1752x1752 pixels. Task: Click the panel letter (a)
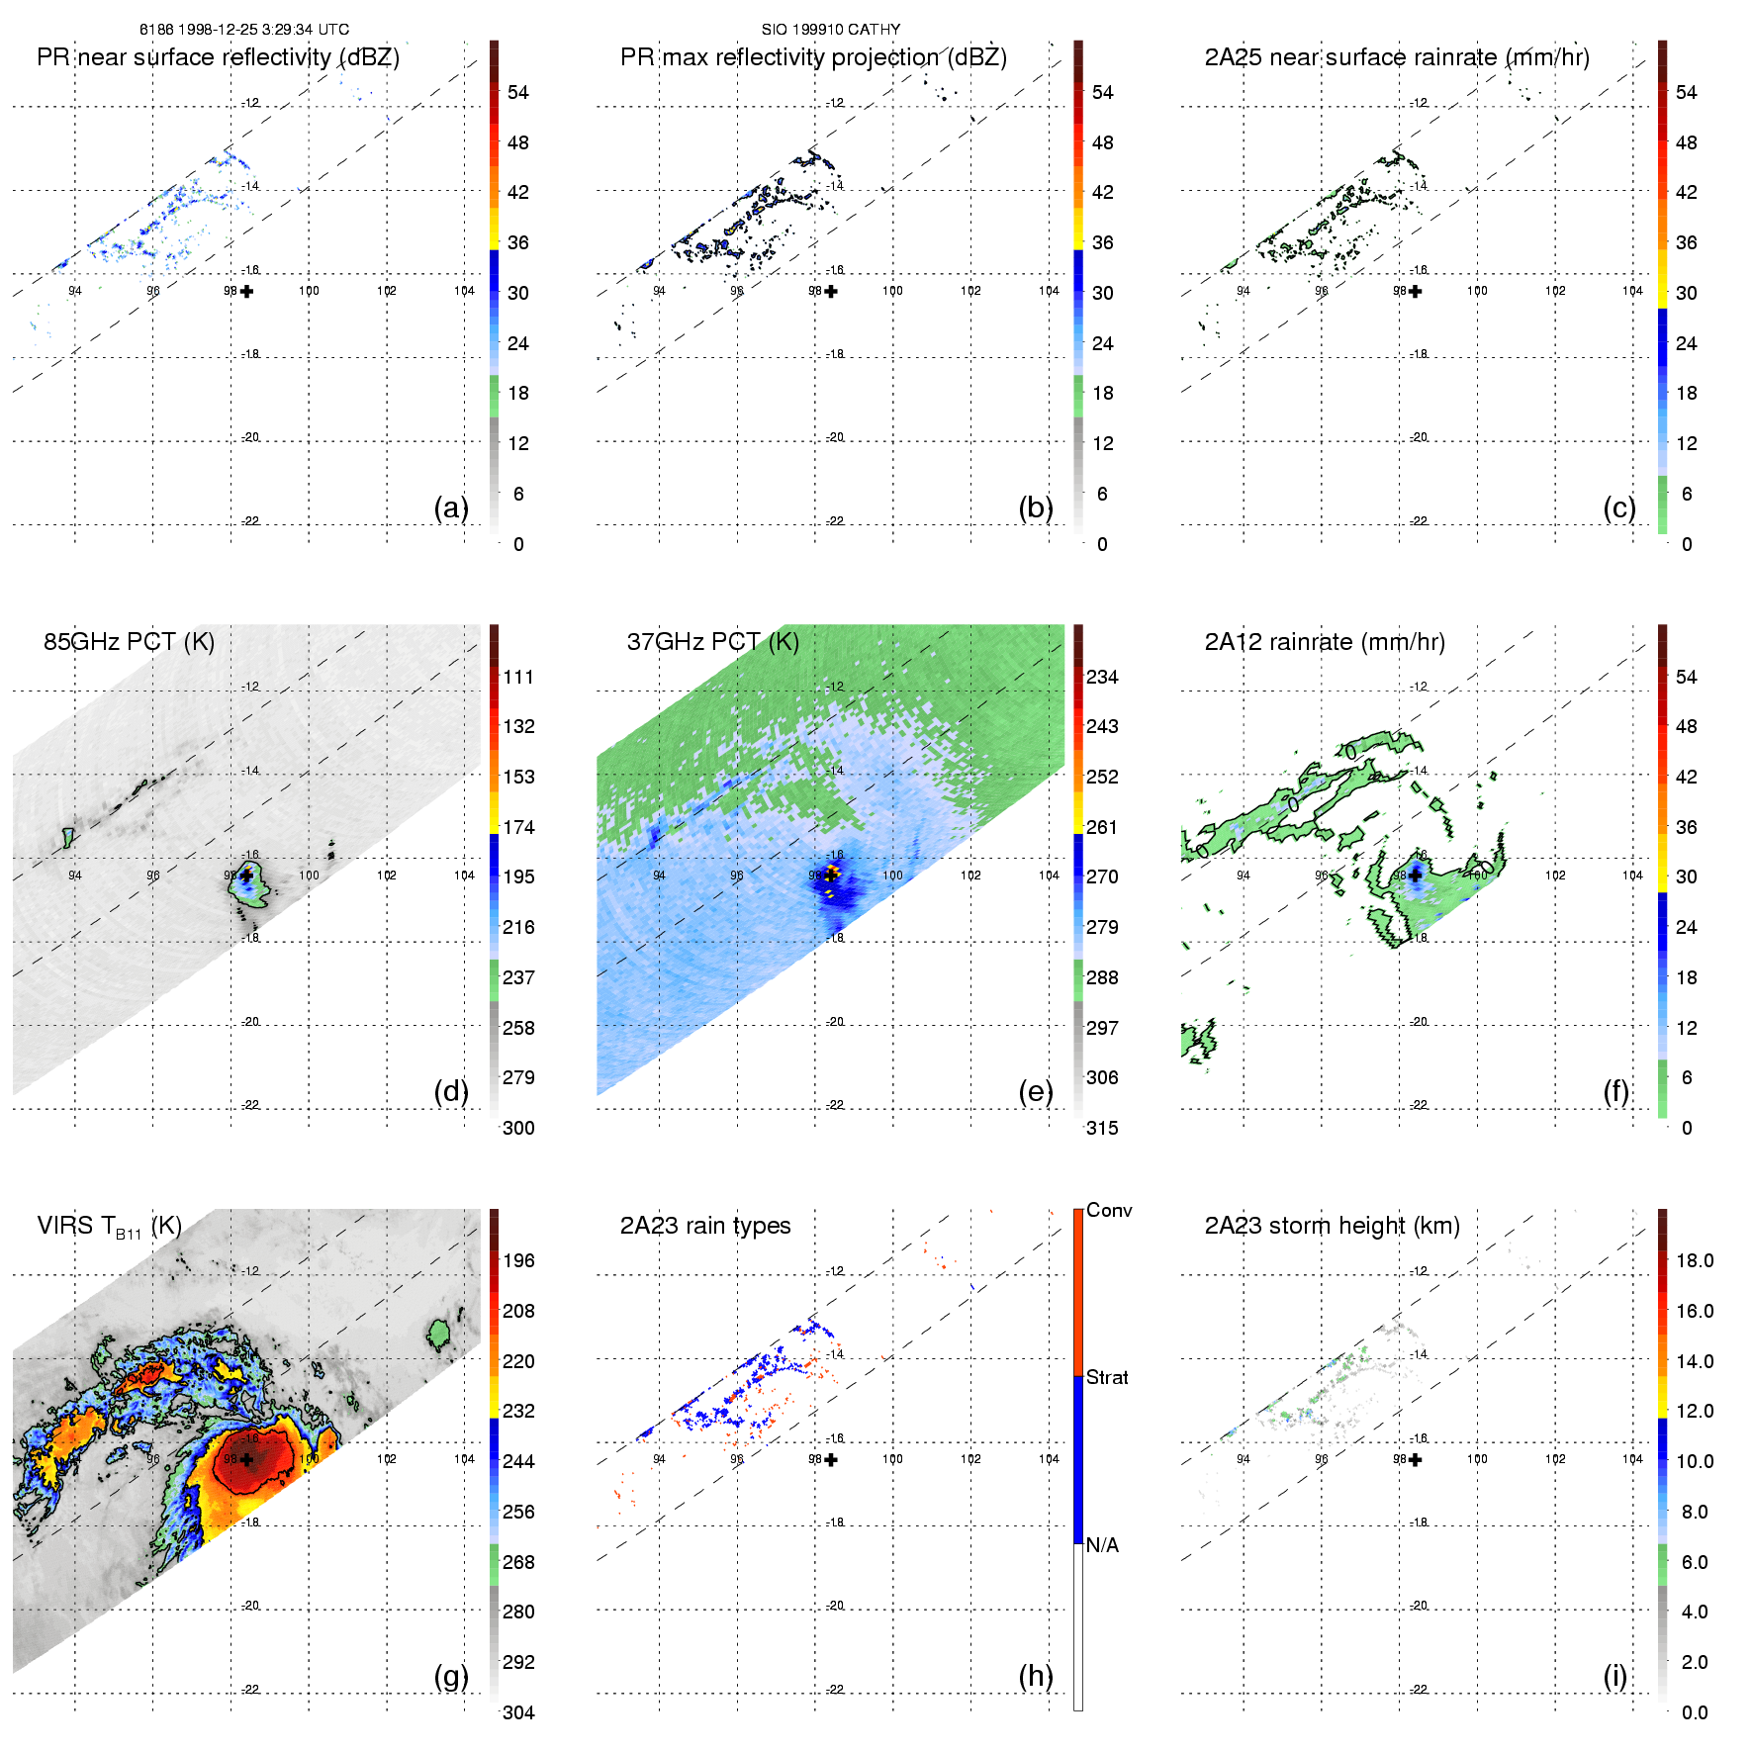point(451,508)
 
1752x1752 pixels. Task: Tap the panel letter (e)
point(1036,1092)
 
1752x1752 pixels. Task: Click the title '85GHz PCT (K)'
point(129,642)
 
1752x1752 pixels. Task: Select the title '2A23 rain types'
point(705,1226)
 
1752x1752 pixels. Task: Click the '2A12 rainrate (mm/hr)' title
point(1325,642)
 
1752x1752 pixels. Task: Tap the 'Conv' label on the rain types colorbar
point(1109,1210)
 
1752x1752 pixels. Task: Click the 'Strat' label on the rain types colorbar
point(1107,1377)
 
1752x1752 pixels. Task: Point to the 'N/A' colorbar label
point(1102,1545)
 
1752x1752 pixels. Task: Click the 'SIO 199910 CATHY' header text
point(831,30)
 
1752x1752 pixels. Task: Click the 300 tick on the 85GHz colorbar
point(518,1128)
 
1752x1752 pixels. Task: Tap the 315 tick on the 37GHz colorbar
point(1102,1128)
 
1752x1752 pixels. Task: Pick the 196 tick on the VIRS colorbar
point(518,1260)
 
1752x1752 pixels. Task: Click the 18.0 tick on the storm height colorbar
point(1695,1260)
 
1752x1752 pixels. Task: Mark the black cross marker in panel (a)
point(246,291)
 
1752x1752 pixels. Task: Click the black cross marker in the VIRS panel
point(246,1459)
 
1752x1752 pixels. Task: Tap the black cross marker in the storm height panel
point(1415,1459)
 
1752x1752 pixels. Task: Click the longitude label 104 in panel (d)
point(464,876)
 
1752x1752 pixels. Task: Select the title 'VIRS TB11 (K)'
point(109,1227)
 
